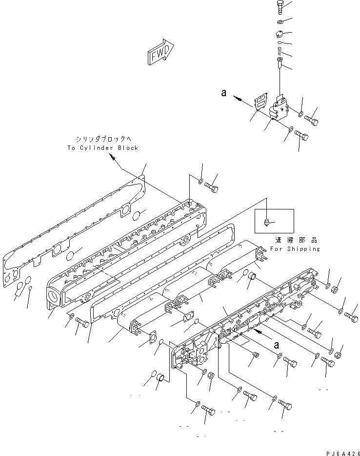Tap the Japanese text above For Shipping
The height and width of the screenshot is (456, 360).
tap(295, 240)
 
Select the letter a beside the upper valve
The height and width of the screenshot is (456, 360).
tap(223, 92)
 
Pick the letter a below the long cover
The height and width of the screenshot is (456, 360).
tap(276, 344)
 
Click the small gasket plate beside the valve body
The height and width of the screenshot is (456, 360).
tap(260, 103)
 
